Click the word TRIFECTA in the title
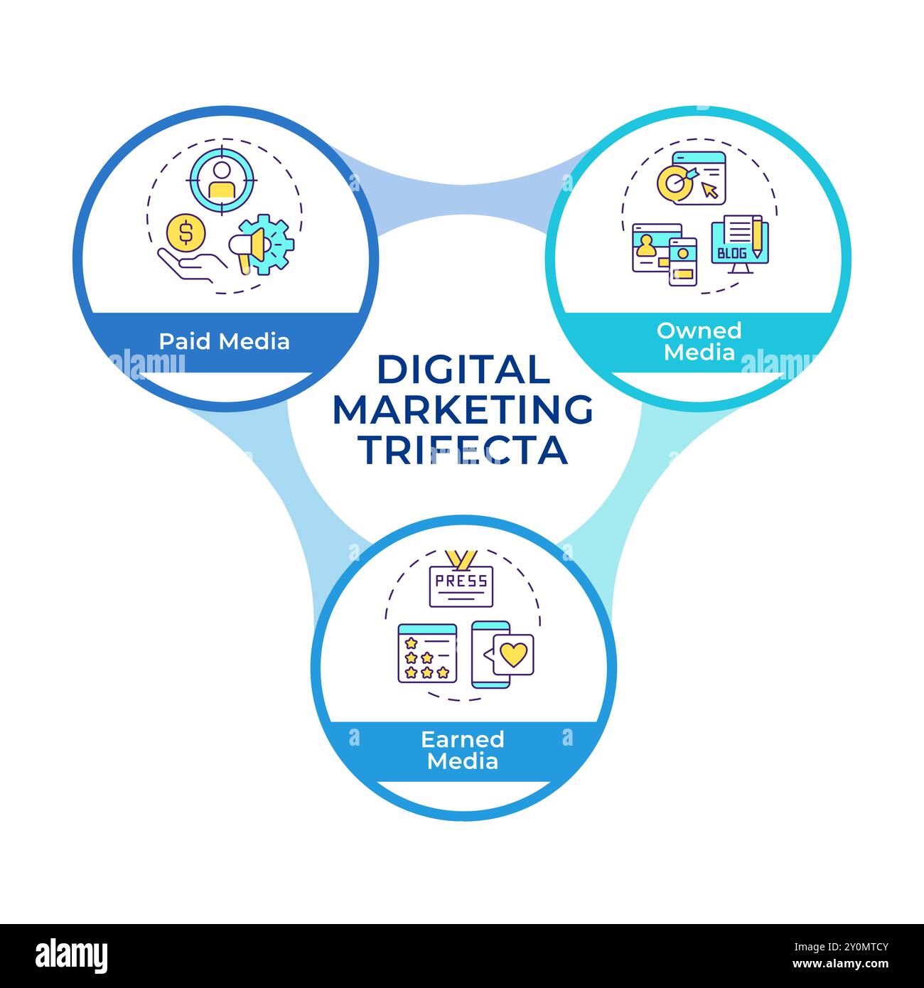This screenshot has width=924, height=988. (463, 449)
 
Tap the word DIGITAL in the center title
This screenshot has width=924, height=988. (463, 370)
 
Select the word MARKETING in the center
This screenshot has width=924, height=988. (463, 409)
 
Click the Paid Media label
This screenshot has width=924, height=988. (224, 341)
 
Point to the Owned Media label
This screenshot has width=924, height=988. (699, 341)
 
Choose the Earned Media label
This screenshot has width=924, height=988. (463, 750)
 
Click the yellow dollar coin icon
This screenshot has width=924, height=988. (186, 232)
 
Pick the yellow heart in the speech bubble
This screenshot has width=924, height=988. (513, 653)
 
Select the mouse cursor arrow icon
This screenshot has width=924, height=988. (709, 190)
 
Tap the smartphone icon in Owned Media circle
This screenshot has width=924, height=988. (683, 262)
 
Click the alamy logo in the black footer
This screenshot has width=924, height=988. (72, 956)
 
